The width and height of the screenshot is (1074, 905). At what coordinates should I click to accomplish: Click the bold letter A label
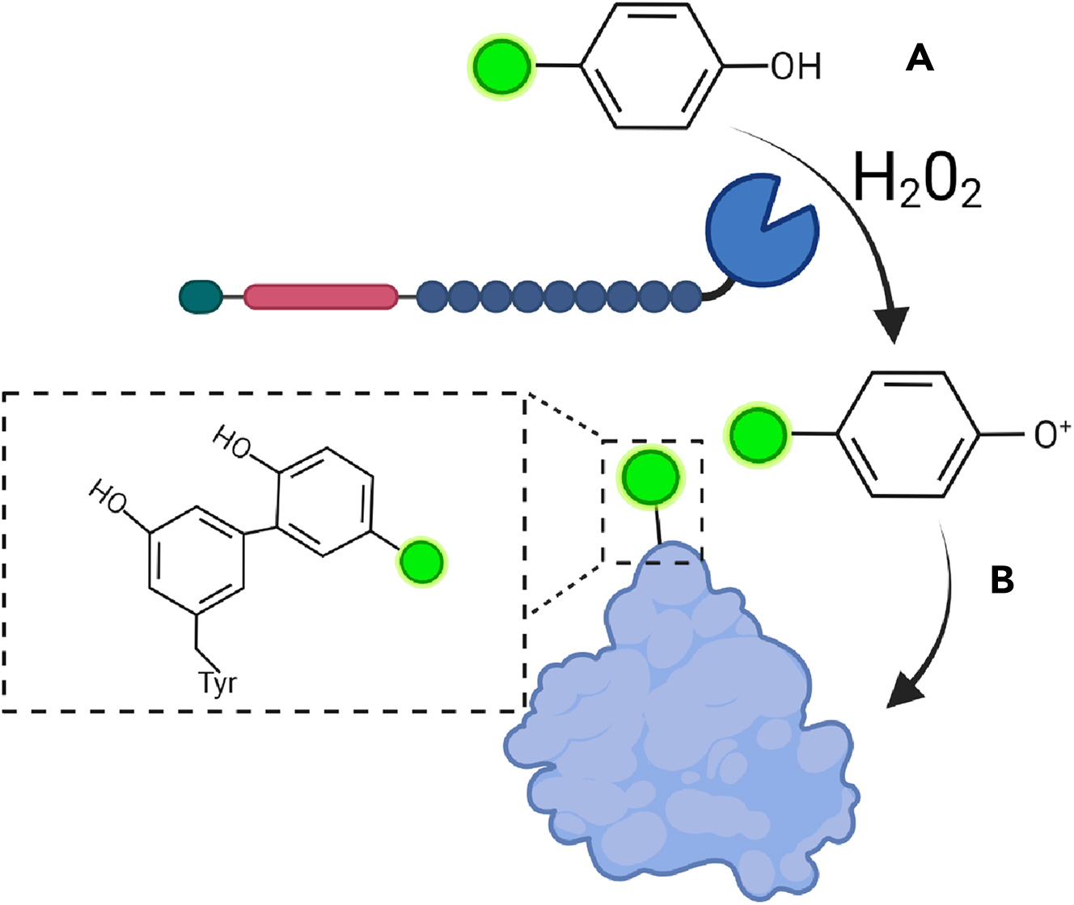pyautogui.click(x=920, y=58)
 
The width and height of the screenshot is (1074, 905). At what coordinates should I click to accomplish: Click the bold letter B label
pyautogui.click(x=1002, y=579)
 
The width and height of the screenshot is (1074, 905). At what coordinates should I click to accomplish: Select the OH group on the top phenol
pyautogui.click(x=796, y=66)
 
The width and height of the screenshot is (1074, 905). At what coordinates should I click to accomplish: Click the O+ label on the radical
pyautogui.click(x=1052, y=434)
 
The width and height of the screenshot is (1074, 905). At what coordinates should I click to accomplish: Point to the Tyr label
pyautogui.click(x=218, y=683)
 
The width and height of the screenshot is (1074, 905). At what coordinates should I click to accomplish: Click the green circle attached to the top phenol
pyautogui.click(x=502, y=66)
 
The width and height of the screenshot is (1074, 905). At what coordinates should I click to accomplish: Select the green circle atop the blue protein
pyautogui.click(x=651, y=477)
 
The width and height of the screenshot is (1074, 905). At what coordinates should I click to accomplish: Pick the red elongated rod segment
pyautogui.click(x=321, y=297)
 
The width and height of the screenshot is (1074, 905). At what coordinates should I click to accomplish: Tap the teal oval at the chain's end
pyautogui.click(x=200, y=297)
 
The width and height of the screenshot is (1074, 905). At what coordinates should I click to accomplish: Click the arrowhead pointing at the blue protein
pyautogui.click(x=907, y=692)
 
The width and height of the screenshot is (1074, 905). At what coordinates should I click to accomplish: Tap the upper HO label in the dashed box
pyautogui.click(x=232, y=442)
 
